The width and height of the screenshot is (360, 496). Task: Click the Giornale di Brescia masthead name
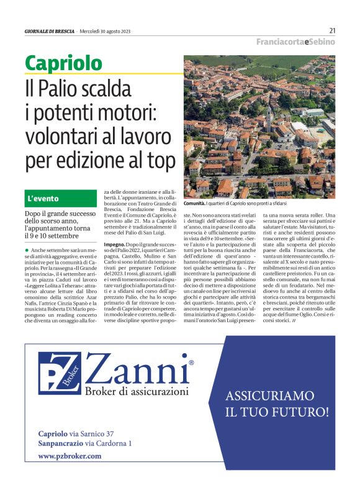[50, 31]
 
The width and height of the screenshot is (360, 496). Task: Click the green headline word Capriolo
[63, 63]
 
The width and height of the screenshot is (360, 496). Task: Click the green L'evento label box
[61, 199]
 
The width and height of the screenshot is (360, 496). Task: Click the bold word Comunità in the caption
[194, 204]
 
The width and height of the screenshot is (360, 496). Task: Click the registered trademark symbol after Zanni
[191, 362]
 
